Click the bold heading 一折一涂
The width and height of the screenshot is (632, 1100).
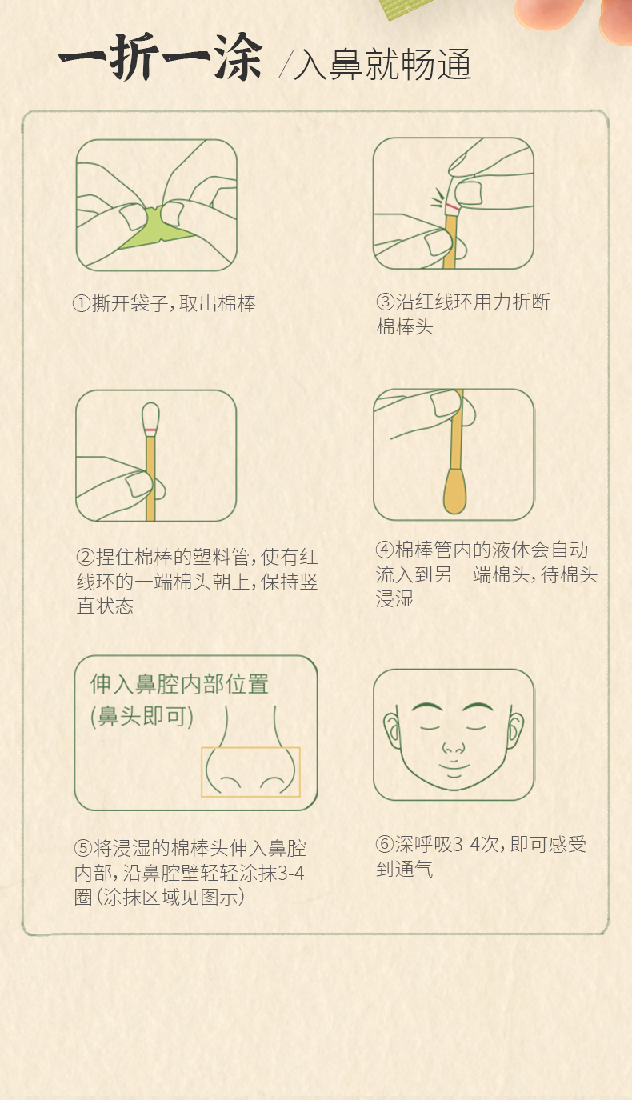(x=161, y=57)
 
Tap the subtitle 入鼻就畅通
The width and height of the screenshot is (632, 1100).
(x=382, y=64)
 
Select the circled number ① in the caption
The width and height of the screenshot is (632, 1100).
(x=82, y=303)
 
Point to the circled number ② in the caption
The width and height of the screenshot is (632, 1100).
(x=86, y=557)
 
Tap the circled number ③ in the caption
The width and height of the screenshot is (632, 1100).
(x=386, y=302)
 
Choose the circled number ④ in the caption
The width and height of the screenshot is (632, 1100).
(x=385, y=550)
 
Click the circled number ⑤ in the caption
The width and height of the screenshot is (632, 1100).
(x=83, y=848)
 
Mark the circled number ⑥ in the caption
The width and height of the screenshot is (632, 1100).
(x=385, y=844)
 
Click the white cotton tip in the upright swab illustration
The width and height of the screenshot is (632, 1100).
(x=150, y=416)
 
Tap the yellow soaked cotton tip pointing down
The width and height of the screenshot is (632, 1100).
(x=455, y=491)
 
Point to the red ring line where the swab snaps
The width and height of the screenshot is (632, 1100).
(x=453, y=206)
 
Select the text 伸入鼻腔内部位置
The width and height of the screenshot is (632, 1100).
(x=179, y=684)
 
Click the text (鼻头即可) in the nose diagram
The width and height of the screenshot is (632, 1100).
(x=142, y=717)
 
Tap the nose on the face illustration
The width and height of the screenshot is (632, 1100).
(x=454, y=748)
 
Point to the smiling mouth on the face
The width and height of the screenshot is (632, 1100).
(x=454, y=766)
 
